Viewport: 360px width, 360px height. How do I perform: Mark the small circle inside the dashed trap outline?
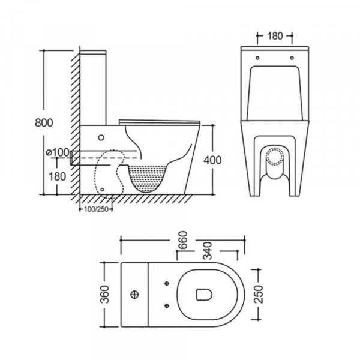pyautogui.click(x=108, y=188)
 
